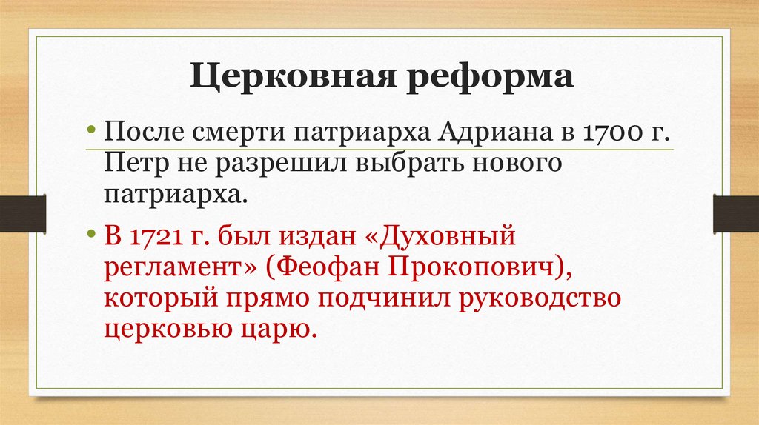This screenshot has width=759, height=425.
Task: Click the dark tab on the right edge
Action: pos(735,213)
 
